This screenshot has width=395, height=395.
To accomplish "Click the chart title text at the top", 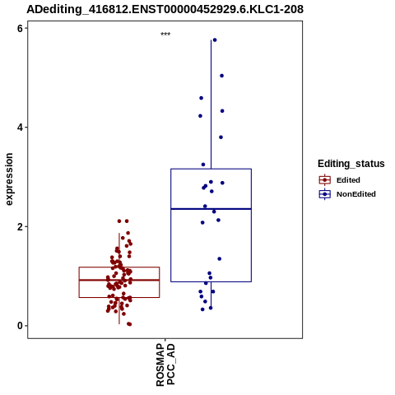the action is point(165,9).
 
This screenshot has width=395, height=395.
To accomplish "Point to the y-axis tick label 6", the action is point(21,28).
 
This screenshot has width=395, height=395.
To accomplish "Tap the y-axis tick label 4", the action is point(21,128).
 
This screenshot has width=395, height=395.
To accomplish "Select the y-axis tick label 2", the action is point(21,227).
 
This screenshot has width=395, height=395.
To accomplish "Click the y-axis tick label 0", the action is point(21,326).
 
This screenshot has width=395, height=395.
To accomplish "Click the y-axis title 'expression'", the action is point(9,179).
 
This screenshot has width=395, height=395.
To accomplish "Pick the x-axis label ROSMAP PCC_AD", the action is point(165,365).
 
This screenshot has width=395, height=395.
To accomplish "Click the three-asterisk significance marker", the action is point(165,34).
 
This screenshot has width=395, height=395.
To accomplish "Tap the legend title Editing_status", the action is point(351,164).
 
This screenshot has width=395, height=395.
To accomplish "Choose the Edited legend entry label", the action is point(348,180).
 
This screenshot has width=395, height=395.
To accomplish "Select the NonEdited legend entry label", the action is point(356,194).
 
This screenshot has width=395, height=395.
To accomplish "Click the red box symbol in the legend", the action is point(325,180).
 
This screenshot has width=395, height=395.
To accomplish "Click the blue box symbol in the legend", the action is point(325,194).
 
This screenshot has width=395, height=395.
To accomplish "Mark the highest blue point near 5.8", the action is point(215,40).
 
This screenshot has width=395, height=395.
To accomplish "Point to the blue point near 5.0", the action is point(222,76).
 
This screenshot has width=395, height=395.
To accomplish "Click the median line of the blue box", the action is point(211,209).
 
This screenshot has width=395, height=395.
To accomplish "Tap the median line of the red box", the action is point(119,280).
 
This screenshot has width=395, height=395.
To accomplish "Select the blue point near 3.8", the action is point(221,137).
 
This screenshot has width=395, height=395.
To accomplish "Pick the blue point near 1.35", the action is point(220,258).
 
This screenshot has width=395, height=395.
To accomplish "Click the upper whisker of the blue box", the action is point(211,105).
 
